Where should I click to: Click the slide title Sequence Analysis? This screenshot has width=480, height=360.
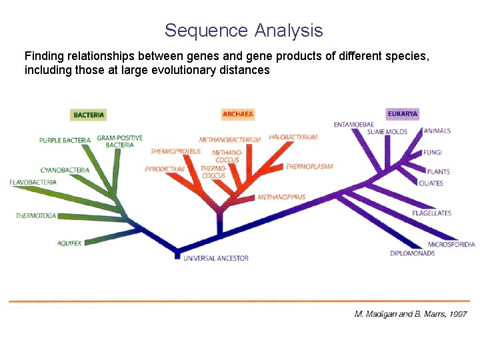[x=243, y=31]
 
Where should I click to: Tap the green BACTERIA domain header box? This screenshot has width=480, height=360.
[x=89, y=115]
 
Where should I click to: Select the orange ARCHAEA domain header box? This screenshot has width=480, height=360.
[x=238, y=115]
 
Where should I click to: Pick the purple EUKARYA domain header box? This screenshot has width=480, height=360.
[x=403, y=114]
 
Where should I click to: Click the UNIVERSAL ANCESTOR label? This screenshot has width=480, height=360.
[x=216, y=258]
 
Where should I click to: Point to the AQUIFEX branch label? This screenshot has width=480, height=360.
[x=69, y=243]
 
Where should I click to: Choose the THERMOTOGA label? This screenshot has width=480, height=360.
[x=36, y=216]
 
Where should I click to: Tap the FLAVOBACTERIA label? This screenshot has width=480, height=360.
[x=33, y=183]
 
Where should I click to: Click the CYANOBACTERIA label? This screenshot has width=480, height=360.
[x=65, y=171]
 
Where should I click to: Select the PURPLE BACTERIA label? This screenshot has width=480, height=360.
[x=65, y=141]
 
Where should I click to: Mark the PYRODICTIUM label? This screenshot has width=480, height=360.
[x=164, y=169]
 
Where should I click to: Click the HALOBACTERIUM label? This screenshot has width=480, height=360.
[x=293, y=137]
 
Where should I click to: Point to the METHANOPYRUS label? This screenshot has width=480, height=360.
[x=281, y=197]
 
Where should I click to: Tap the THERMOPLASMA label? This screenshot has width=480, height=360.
[x=309, y=167]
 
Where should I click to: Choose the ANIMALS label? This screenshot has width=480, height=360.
[x=437, y=131]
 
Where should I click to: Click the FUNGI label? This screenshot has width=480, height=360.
[x=433, y=153]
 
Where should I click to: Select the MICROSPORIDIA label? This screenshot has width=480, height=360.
[x=451, y=245]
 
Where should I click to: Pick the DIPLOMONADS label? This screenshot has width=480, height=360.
[x=413, y=253]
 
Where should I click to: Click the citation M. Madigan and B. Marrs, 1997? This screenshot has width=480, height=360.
[x=410, y=313]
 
